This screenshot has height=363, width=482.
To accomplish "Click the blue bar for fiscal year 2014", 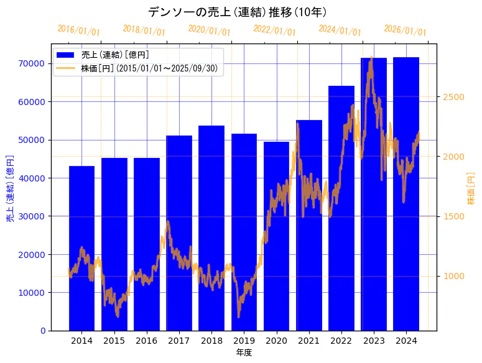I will pos(81,248).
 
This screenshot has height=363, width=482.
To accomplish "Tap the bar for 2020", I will pos(276,236).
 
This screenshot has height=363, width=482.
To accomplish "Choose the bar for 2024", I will pos(406,193).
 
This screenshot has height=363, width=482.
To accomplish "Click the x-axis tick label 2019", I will pos(244,341).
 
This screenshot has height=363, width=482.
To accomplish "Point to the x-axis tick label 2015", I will pos(114,341).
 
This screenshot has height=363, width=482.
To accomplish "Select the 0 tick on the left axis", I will pos(43,331).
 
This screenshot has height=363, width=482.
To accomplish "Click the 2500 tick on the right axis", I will pos(453,97).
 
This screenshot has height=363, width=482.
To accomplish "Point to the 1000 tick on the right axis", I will pos(453,276).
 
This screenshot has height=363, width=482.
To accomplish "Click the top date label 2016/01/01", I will pos(78,30).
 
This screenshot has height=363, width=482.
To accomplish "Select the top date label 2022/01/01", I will pos(274,30).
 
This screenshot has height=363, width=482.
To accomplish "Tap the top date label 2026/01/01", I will pos(405,30).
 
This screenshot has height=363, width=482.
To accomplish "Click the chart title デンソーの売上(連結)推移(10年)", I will pos(238,12).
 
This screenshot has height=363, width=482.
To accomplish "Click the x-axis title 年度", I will pos(244,352).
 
